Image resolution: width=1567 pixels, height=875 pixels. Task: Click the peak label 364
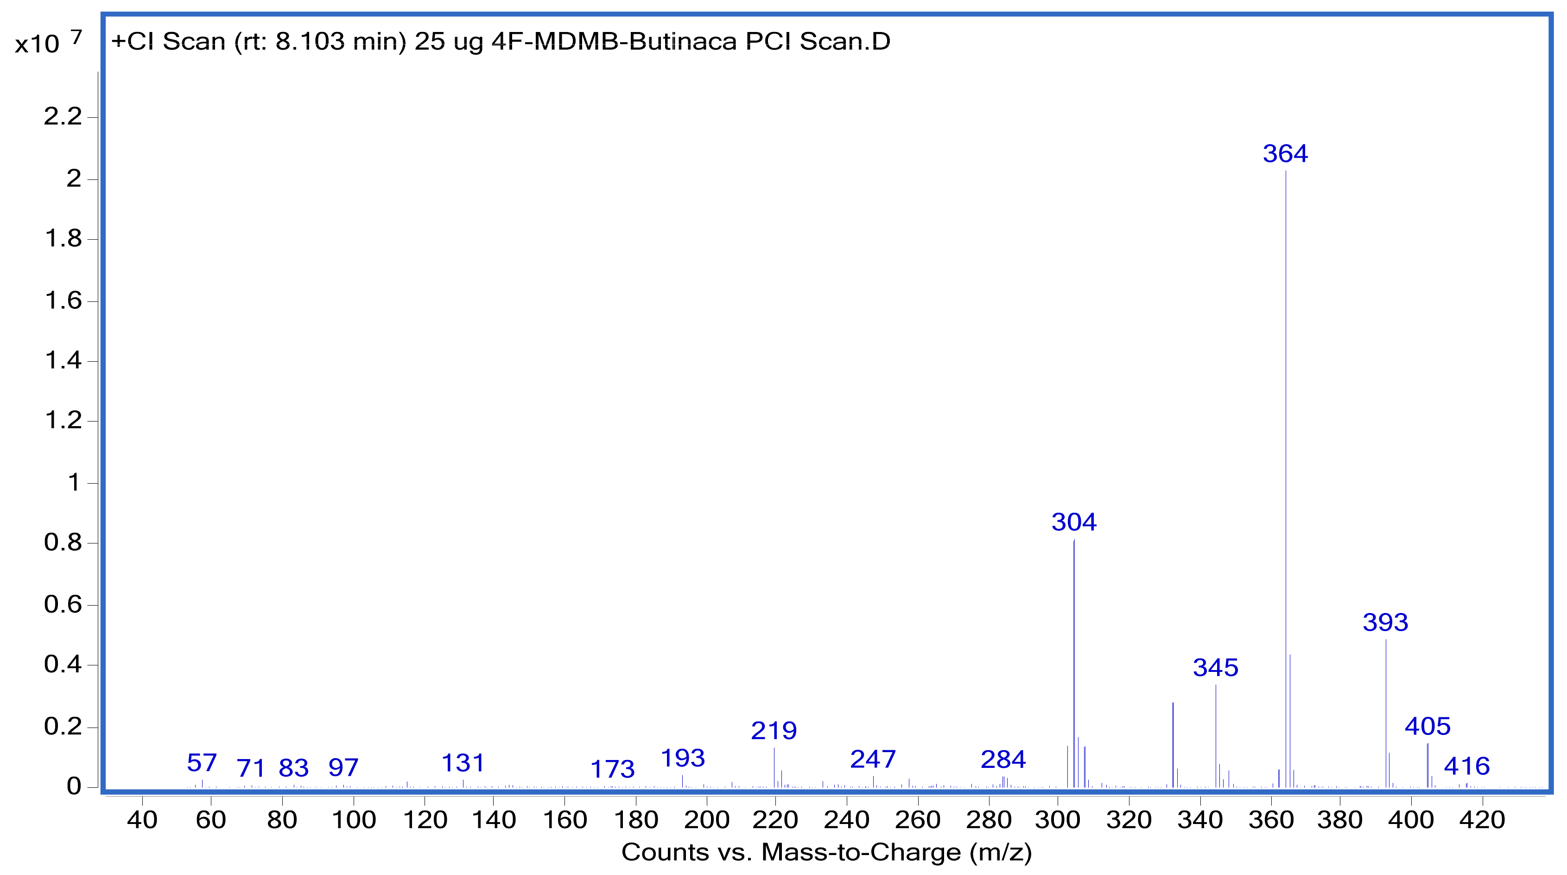pyautogui.click(x=1285, y=153)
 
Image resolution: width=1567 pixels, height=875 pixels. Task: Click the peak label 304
pyautogui.click(x=1074, y=522)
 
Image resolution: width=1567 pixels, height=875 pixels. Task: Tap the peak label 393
pyautogui.click(x=1385, y=622)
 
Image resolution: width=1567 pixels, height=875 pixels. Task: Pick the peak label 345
pyautogui.click(x=1215, y=668)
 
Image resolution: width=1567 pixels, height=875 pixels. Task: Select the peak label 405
pyautogui.click(x=1427, y=726)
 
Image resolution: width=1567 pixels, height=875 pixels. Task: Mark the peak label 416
pyautogui.click(x=1466, y=766)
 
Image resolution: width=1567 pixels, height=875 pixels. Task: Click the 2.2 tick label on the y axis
pyautogui.click(x=63, y=116)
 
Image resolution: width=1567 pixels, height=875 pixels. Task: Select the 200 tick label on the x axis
pyautogui.click(x=706, y=820)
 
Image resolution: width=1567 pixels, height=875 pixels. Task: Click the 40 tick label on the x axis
pyautogui.click(x=142, y=820)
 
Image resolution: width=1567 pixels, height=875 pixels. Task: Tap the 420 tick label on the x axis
pyautogui.click(x=1482, y=820)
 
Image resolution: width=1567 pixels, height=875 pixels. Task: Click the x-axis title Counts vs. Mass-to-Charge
pyautogui.click(x=826, y=852)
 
